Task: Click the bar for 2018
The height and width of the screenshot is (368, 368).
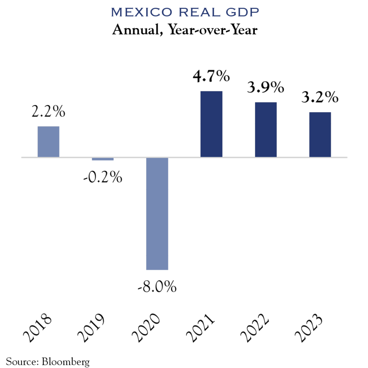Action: coord(49,142)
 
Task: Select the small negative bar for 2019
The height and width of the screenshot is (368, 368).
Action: coord(103,159)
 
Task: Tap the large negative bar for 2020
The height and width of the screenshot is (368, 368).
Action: coord(157,213)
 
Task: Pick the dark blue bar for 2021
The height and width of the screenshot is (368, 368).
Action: coord(211,124)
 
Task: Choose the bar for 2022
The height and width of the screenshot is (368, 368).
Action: coord(266,130)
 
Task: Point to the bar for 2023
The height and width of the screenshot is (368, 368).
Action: coord(320,135)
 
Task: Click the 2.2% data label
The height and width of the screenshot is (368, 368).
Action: coord(49,112)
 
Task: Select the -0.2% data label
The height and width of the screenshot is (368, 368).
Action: coord(102,178)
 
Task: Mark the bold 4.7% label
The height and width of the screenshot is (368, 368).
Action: coord(211,77)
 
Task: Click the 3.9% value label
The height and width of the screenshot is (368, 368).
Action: coord(266,87)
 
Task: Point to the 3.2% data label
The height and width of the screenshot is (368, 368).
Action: coord(320,97)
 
